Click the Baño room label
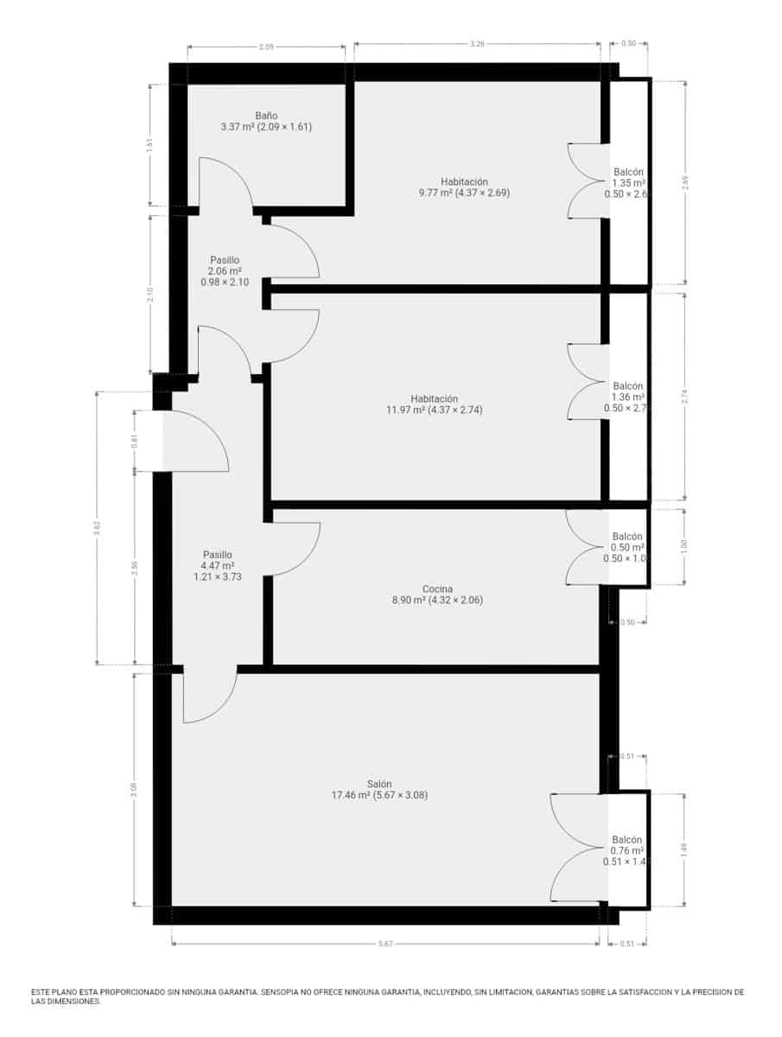pyautogui.click(x=266, y=115)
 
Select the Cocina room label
pyautogui.click(x=437, y=589)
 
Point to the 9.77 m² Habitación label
pyautogui.click(x=464, y=181)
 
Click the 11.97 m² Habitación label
pyautogui.click(x=436, y=398)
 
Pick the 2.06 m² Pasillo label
pyautogui.click(x=224, y=260)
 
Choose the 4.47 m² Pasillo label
pyautogui.click(x=217, y=555)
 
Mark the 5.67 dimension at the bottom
pyautogui.click(x=385, y=945)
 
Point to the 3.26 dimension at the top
pyautogui.click(x=476, y=42)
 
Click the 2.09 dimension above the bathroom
pyautogui.click(x=266, y=48)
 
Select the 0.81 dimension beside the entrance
pyautogui.click(x=134, y=440)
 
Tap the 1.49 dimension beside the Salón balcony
pyautogui.click(x=683, y=849)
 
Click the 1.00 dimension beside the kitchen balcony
pyautogui.click(x=683, y=546)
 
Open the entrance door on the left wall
pyautogui.click(x=194, y=441)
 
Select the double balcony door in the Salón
pyautogui.click(x=577, y=848)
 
